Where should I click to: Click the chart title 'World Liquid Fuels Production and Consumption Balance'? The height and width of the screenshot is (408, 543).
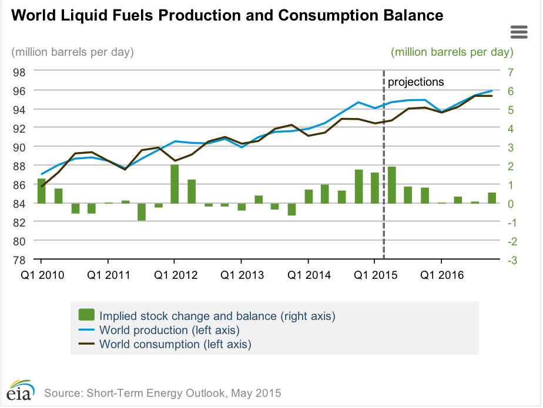227,16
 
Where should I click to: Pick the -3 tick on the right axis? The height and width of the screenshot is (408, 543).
509,260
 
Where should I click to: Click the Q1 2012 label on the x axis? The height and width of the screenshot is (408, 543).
175,275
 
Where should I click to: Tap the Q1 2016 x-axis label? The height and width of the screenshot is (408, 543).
441,275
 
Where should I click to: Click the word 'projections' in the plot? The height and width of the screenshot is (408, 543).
415,82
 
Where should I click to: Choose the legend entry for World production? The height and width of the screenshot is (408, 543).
169,330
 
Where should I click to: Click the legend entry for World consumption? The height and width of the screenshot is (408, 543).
175,344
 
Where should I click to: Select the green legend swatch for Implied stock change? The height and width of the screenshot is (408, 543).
86,315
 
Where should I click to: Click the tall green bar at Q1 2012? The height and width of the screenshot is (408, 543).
175,184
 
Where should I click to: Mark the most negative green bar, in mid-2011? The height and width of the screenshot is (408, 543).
142,212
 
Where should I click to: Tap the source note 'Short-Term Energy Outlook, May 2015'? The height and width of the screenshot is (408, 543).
163,392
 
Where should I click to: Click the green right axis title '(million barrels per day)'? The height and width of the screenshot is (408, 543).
452,52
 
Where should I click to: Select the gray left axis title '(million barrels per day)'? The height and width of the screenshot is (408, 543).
73,52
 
